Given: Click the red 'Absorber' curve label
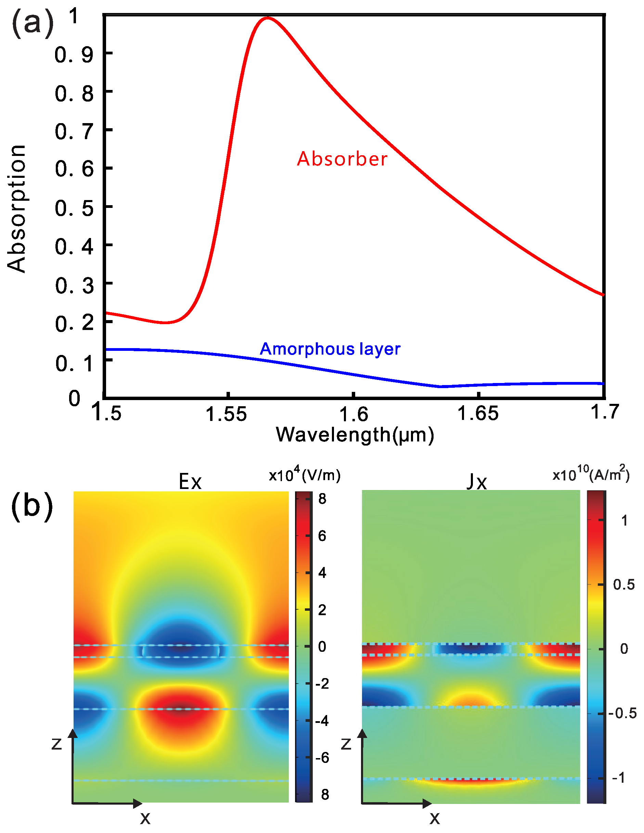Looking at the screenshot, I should click(342, 159).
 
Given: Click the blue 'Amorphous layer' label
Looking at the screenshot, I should click(330, 349).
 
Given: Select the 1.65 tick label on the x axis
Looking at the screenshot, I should click(478, 413).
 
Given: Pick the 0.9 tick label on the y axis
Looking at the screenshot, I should click(74, 55).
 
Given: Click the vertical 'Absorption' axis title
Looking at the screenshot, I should click(17, 209).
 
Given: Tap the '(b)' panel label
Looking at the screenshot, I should click(32, 506).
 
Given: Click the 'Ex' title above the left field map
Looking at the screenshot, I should click(190, 482).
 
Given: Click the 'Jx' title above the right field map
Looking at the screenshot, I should click(477, 482).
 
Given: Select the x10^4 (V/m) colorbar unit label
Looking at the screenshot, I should click(304, 475).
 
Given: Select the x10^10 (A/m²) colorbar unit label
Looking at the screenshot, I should click(591, 474).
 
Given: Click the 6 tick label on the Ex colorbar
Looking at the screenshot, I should click(322, 536).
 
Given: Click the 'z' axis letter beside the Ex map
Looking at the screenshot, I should click(56, 744).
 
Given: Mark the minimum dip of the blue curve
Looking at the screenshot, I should click(440, 386).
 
